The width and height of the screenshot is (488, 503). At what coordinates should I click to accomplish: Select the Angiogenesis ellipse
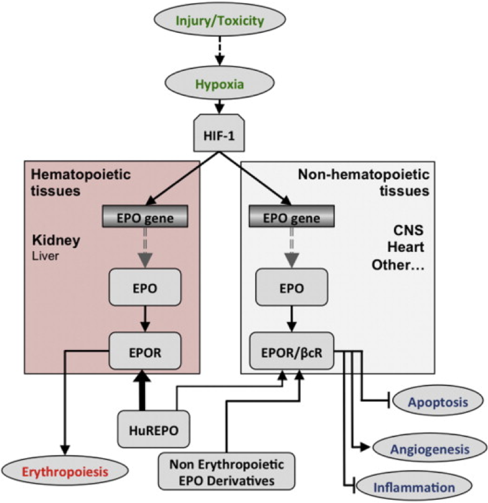pos(429,448)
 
